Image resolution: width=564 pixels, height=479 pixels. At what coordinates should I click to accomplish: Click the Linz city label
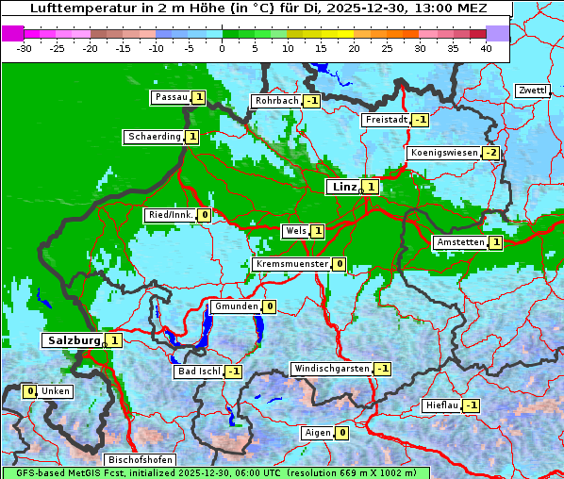(x=343, y=187)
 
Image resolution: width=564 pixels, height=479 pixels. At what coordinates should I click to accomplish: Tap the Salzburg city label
(x=73, y=339)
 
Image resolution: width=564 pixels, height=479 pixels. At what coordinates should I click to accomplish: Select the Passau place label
(x=171, y=97)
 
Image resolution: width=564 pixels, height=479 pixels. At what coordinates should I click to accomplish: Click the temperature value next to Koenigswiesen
(x=491, y=153)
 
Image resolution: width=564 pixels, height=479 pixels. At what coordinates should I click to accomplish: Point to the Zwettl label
(x=532, y=91)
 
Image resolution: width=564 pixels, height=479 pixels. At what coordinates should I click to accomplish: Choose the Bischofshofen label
(x=140, y=459)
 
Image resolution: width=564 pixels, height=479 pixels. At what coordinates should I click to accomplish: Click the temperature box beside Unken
(x=30, y=391)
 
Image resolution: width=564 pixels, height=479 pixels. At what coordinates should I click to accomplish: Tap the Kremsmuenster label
(x=291, y=264)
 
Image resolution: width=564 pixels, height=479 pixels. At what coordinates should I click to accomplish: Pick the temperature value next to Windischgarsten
(x=382, y=369)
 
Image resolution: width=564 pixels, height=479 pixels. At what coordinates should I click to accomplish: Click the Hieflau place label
(x=442, y=405)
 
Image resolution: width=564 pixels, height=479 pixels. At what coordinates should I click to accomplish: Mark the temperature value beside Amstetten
(x=496, y=242)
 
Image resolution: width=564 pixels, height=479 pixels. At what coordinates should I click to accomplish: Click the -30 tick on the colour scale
(x=25, y=47)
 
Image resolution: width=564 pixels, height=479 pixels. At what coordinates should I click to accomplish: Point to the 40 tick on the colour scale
(x=486, y=47)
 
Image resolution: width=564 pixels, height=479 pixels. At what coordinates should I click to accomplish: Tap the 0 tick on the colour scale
(x=222, y=47)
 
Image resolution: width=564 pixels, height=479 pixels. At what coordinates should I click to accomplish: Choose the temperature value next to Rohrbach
(x=311, y=101)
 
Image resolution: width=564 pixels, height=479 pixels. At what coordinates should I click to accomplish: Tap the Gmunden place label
(x=235, y=306)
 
